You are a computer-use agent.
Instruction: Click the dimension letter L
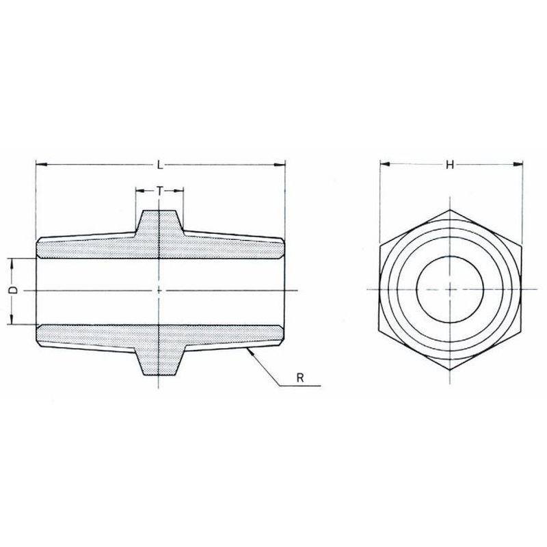pos(160,165)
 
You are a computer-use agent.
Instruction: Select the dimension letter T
pos(159,191)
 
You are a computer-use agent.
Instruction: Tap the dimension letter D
pos(13,290)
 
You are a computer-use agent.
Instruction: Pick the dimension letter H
pos(450,165)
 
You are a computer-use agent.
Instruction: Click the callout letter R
pos(300,378)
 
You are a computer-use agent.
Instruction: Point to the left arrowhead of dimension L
pos(42,165)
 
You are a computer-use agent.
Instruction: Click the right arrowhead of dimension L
pos(280,165)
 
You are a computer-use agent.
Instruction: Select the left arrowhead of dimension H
pos(385,164)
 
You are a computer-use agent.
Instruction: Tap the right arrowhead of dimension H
pos(518,164)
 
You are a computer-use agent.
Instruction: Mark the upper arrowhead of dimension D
pos(12,263)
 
